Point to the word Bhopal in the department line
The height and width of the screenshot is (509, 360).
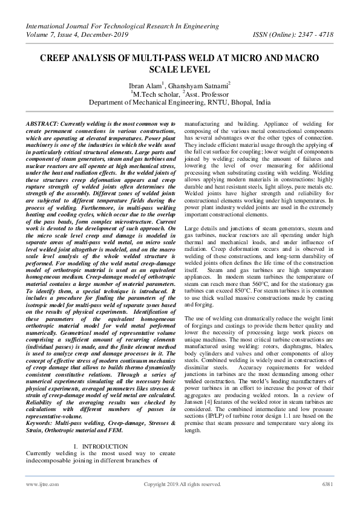[237, 103]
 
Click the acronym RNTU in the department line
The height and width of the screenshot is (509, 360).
[209, 103]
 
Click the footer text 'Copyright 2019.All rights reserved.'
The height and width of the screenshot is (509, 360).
[182, 484]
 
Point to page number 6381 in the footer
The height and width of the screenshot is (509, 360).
[327, 484]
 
